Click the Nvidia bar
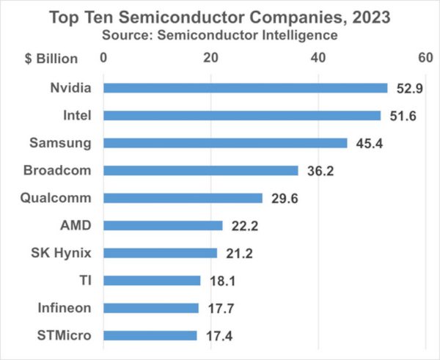click(x=245, y=88)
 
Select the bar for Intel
click(x=242, y=115)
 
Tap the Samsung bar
click(x=225, y=143)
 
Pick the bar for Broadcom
click(x=200, y=170)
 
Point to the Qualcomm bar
click(x=183, y=198)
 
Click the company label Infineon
click(x=65, y=308)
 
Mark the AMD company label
click(x=77, y=226)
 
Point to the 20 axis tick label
click(x=211, y=57)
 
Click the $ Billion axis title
click(x=46, y=57)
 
